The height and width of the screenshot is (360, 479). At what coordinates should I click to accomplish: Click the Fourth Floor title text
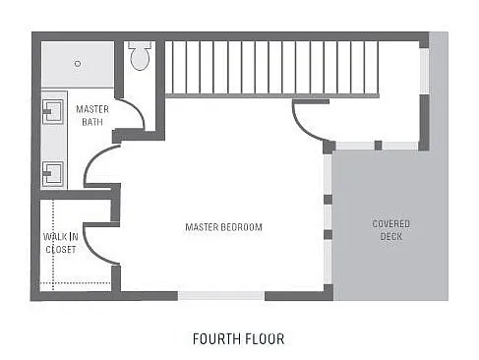(x=239, y=339)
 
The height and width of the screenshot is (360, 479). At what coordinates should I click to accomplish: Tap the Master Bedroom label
(x=223, y=227)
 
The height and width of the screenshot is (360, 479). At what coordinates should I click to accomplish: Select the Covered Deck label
(x=390, y=230)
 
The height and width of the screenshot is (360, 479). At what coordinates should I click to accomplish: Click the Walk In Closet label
(x=60, y=243)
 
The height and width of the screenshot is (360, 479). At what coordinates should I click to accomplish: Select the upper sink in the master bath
(x=52, y=111)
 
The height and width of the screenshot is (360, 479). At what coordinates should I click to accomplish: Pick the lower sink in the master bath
(x=52, y=174)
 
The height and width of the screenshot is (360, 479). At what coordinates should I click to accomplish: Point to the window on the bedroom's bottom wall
(x=221, y=294)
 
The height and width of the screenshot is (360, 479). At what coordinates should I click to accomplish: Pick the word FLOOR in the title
(x=266, y=339)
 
